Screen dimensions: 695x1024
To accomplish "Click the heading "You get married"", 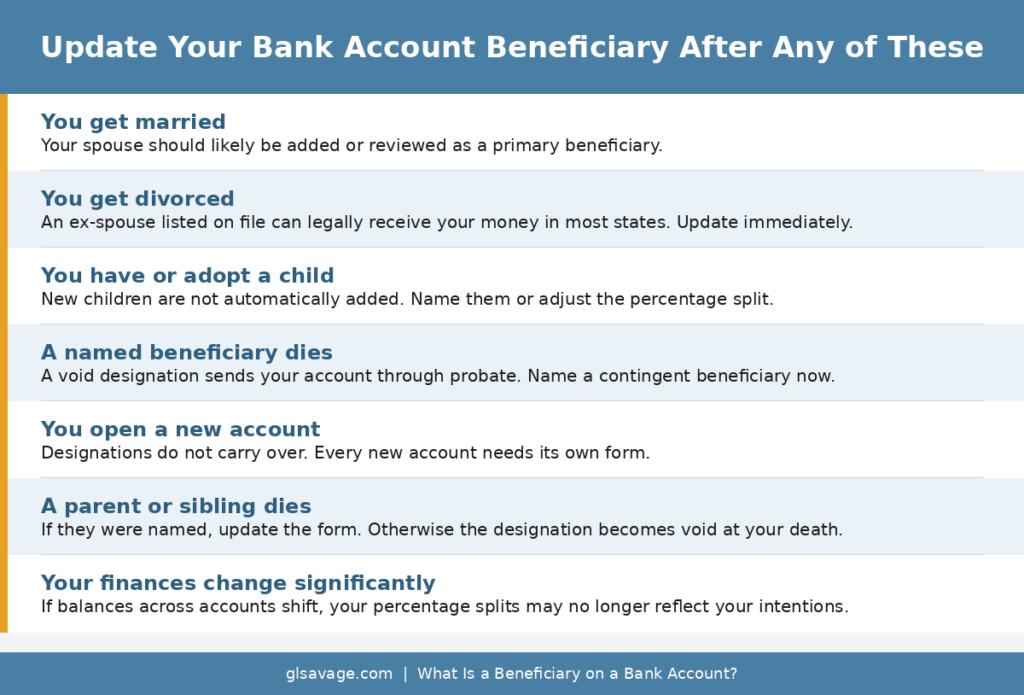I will [x=133, y=122].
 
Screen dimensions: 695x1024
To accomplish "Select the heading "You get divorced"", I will [x=137, y=199].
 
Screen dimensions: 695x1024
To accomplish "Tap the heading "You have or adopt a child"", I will [x=187, y=275].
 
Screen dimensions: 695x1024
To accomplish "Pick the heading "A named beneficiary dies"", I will [x=186, y=352].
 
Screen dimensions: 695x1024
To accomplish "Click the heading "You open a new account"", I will [x=180, y=429].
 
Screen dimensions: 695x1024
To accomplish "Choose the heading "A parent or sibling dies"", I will [x=176, y=506].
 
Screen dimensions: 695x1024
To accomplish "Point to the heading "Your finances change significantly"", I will [x=238, y=583].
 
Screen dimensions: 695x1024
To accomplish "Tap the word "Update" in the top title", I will [x=97, y=47].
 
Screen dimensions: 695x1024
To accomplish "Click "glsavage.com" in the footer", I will [x=339, y=674].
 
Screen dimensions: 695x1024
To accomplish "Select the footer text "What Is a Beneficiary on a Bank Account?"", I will [x=577, y=674].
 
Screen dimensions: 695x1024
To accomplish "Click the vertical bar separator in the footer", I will [x=405, y=674].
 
